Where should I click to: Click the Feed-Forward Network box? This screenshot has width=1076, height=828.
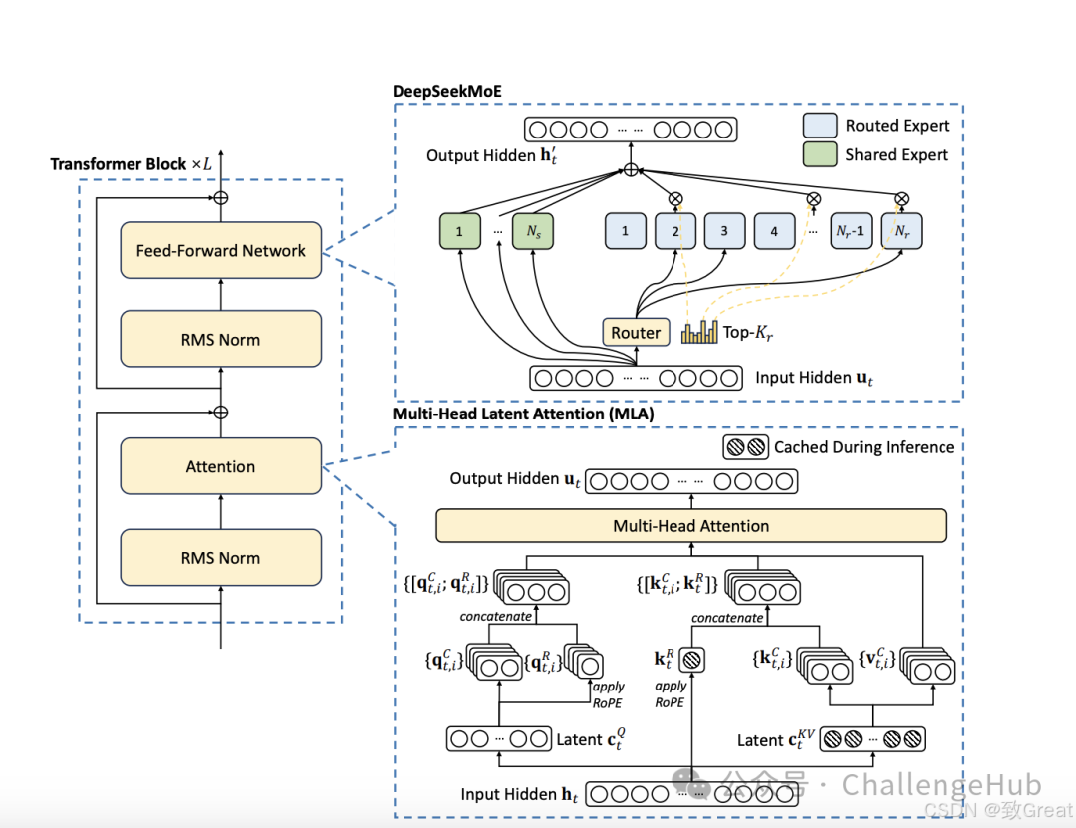pyautogui.click(x=220, y=250)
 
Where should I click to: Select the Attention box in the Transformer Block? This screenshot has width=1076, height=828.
pyautogui.click(x=220, y=466)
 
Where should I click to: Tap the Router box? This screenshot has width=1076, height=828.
pyautogui.click(x=636, y=333)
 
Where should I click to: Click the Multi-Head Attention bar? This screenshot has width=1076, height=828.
pyautogui.click(x=690, y=525)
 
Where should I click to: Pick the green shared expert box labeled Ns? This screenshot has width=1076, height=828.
pyautogui.click(x=533, y=231)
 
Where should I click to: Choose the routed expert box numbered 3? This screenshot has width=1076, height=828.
pyautogui.click(x=724, y=231)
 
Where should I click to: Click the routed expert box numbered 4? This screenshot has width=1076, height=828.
pyautogui.click(x=774, y=231)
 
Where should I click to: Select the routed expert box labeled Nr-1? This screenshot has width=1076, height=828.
pyautogui.click(x=851, y=231)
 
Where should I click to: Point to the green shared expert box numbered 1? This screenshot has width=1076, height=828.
pyautogui.click(x=459, y=231)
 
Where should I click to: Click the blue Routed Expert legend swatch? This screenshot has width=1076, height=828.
pyautogui.click(x=819, y=126)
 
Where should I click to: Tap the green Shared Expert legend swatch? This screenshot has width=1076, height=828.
pyautogui.click(x=819, y=154)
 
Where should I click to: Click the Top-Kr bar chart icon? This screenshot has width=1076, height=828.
pyautogui.click(x=699, y=332)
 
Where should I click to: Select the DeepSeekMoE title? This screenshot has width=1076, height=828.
pyautogui.click(x=446, y=92)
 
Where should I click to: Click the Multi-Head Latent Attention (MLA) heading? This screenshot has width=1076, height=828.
pyautogui.click(x=523, y=414)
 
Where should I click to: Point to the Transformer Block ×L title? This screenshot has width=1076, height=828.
pyautogui.click(x=132, y=163)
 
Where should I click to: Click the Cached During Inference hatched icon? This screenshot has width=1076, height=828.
pyautogui.click(x=746, y=447)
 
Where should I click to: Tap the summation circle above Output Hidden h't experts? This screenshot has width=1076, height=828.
pyautogui.click(x=630, y=170)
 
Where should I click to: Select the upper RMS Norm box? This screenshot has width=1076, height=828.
pyautogui.click(x=220, y=339)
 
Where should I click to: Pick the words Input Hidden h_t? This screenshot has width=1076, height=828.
pyautogui.click(x=519, y=794)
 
